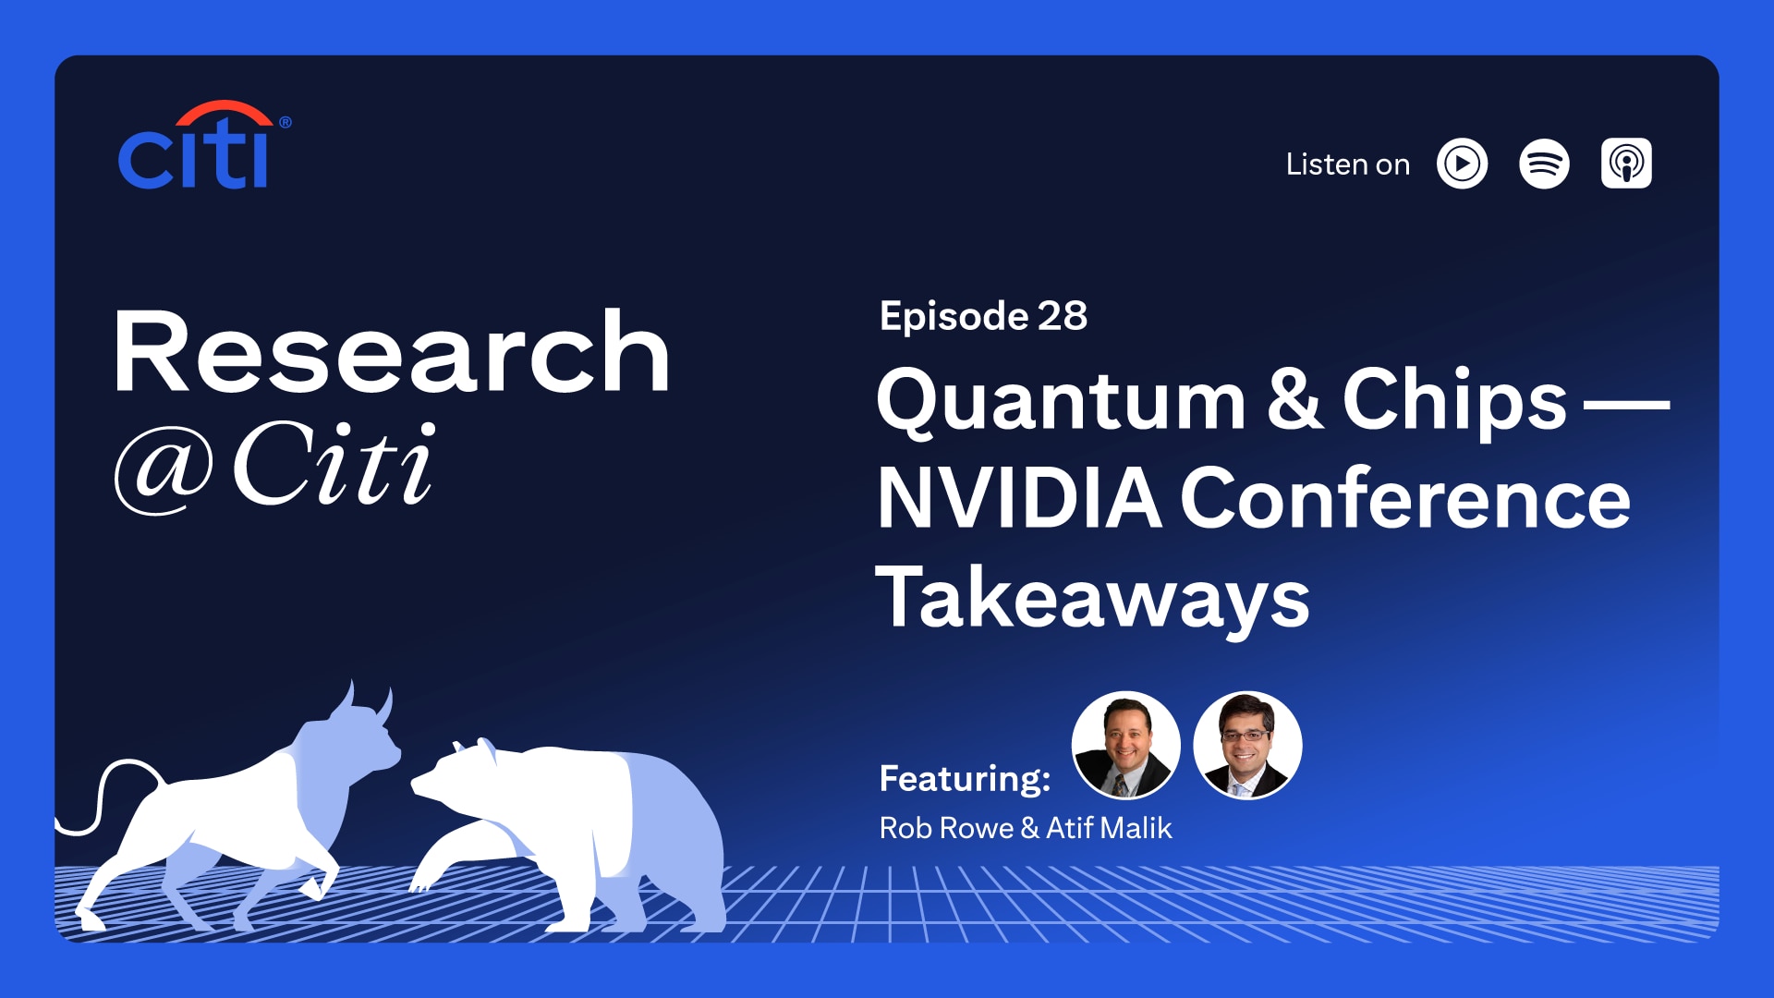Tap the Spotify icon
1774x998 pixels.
1544,164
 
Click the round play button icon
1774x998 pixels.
1462,164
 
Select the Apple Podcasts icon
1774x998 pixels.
1626,164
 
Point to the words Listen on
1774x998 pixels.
1347,164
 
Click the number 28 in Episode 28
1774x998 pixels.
1063,316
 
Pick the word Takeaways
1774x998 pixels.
1092,599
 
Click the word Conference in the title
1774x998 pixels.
1404,499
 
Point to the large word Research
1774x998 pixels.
392,353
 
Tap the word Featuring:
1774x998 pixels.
965,778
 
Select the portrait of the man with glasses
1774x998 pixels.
1247,745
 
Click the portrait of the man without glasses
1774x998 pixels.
1125,745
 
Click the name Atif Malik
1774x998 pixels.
1109,828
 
